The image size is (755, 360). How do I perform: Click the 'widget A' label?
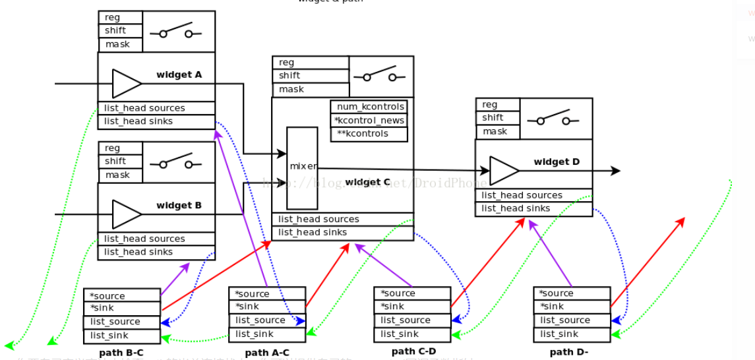click(179, 75)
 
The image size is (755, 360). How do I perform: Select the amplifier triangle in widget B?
click(127, 214)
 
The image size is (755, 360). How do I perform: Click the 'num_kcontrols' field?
click(369, 107)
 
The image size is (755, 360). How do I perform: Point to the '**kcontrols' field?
click(369, 134)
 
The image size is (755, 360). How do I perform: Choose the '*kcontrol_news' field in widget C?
click(369, 121)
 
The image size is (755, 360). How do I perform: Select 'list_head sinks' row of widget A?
click(156, 121)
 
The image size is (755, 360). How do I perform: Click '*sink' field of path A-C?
click(267, 307)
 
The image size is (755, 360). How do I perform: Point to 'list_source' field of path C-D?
click(412, 320)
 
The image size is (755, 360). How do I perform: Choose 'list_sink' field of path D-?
click(572, 334)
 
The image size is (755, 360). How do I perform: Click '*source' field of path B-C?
click(122, 296)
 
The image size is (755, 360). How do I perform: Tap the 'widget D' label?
click(556, 162)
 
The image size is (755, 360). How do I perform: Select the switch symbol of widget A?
click(175, 32)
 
